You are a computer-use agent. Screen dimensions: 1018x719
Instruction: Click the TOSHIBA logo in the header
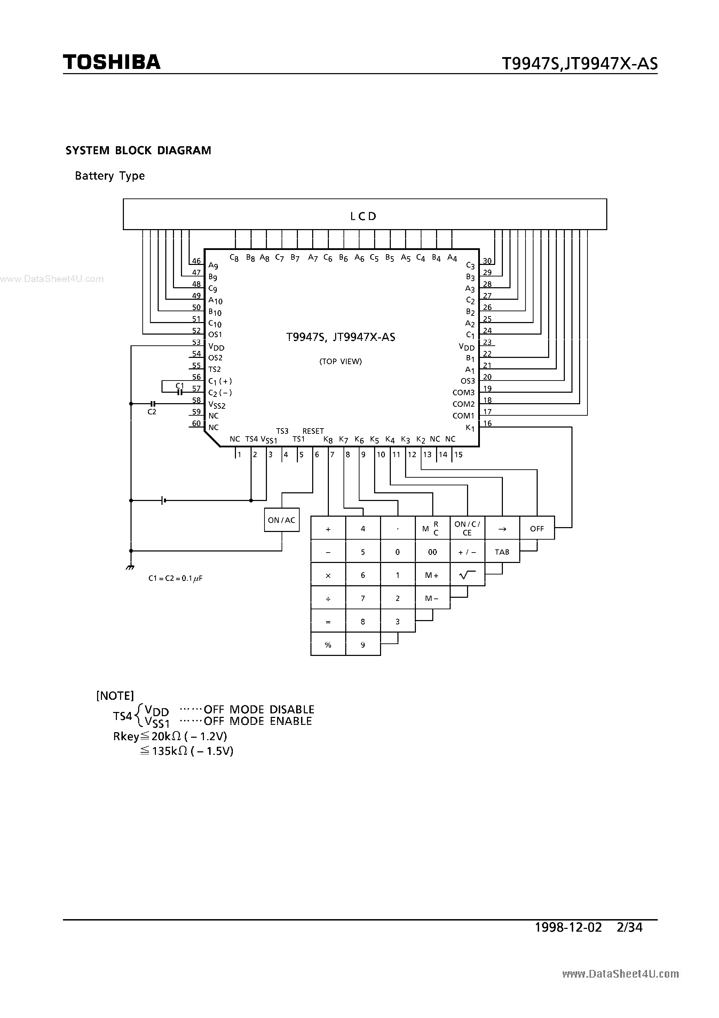112,62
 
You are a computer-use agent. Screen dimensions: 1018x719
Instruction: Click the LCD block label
363,216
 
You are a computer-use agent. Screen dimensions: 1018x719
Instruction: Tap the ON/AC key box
282,520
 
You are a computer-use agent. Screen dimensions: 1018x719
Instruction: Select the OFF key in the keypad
537,528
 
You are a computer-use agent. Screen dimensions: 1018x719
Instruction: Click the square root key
467,575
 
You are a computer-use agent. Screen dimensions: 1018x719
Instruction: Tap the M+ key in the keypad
432,575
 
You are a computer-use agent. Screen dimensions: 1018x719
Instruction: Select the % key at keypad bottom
328,645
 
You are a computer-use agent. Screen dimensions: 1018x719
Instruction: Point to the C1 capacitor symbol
180,392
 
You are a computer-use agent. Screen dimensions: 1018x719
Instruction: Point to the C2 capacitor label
152,412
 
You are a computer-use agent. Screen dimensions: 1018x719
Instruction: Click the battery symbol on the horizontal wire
164,501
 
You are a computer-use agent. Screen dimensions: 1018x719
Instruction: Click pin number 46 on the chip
196,261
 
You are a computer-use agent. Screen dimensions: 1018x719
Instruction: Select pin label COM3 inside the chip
463,392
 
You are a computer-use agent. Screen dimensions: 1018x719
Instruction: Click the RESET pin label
313,431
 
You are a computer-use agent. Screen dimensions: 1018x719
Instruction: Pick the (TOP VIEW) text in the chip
340,361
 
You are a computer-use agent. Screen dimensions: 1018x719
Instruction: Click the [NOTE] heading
115,696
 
